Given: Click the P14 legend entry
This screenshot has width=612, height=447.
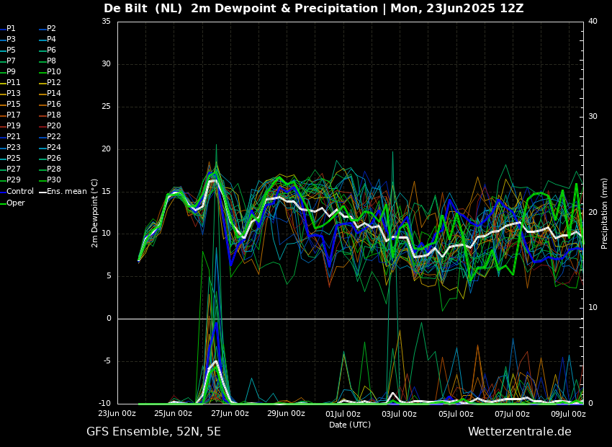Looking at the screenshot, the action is click(50, 94).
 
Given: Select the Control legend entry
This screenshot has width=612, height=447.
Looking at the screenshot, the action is click(17, 192).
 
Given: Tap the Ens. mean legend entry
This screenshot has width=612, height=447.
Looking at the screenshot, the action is click(63, 192).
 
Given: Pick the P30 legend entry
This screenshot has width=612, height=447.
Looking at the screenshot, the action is click(50, 180).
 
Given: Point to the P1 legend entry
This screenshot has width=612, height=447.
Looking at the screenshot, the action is click(8, 29).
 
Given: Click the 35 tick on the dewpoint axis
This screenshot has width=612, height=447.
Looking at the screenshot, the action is click(106, 22).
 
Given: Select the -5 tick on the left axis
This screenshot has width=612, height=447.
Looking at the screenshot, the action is click(107, 361).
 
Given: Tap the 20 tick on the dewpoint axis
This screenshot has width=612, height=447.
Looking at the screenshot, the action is click(106, 149).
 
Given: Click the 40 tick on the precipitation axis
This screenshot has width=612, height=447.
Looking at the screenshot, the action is click(593, 22).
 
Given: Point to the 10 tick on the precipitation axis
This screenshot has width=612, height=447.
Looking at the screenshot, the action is click(593, 308).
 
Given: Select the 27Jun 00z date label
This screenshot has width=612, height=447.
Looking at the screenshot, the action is click(230, 413).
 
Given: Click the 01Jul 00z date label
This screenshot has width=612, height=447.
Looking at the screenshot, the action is click(343, 413).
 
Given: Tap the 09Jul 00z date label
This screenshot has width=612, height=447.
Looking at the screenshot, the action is click(568, 413).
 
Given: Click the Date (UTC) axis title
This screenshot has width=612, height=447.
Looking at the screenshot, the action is click(350, 425).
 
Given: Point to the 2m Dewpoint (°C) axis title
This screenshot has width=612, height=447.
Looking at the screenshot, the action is click(94, 213).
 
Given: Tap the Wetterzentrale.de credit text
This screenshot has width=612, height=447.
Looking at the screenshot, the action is click(520, 432).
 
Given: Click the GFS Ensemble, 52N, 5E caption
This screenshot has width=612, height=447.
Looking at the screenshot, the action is click(153, 432).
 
